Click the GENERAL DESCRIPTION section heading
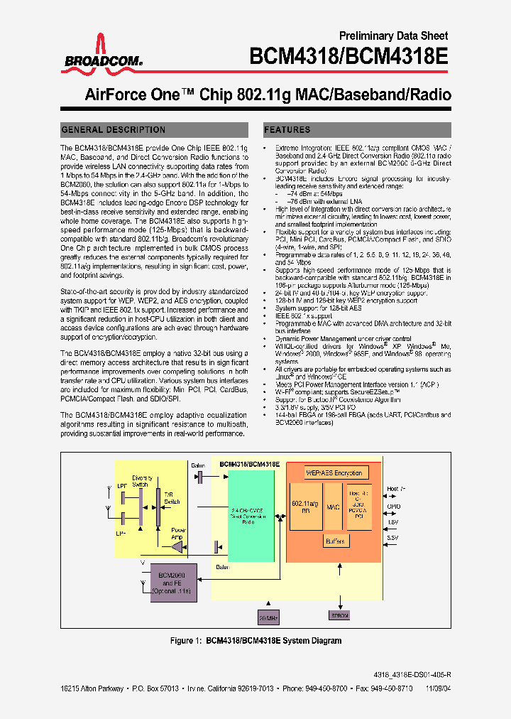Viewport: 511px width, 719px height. [114, 130]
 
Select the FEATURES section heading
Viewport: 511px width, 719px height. [287, 130]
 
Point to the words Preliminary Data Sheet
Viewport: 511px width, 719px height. [404, 36]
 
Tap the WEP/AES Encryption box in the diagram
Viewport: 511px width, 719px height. [334, 473]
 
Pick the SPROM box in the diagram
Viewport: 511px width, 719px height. [340, 616]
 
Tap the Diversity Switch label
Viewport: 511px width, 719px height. [142, 481]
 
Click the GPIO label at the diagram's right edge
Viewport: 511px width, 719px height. [393, 507]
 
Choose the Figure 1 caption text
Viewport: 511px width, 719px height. [255, 641]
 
